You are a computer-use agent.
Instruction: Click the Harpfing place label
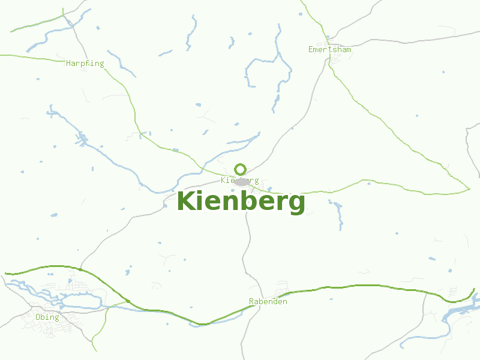[85, 63]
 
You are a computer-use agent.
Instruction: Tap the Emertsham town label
[329, 49]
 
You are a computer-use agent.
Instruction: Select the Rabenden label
[268, 301]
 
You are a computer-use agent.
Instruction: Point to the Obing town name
[47, 317]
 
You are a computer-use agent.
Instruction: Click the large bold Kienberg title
[241, 202]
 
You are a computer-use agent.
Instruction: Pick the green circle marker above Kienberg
[240, 169]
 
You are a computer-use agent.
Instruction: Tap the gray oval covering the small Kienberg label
[242, 181]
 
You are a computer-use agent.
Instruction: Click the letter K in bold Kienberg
[186, 200]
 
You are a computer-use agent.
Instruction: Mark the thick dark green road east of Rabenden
[360, 286]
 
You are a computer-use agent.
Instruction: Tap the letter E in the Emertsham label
[311, 49]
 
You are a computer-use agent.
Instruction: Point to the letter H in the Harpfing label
[68, 63]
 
